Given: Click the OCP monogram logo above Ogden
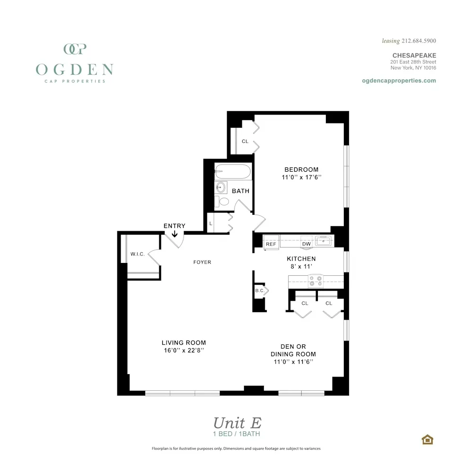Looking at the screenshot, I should click(x=74, y=49).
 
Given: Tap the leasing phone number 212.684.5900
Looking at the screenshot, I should click(x=418, y=41).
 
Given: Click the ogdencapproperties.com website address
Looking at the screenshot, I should click(x=399, y=80).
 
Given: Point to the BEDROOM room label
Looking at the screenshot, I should click(x=301, y=170).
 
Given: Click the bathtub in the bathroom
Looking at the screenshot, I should click(x=233, y=171).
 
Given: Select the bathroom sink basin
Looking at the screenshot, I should click(x=221, y=187).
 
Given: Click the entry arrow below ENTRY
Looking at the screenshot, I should click(x=175, y=234).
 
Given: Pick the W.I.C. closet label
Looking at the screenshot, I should click(x=138, y=254).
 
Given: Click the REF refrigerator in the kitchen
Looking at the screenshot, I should click(x=271, y=244).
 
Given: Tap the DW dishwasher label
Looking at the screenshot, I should click(x=307, y=244).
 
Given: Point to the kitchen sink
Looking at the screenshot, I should click(x=324, y=241).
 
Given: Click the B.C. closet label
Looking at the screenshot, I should click(x=259, y=290).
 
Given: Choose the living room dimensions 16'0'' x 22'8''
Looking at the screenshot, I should click(x=184, y=350).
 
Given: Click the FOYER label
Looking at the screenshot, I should click(x=202, y=262).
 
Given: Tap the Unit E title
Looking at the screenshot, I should click(x=236, y=422).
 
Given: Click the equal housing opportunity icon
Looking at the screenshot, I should click(x=428, y=439).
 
